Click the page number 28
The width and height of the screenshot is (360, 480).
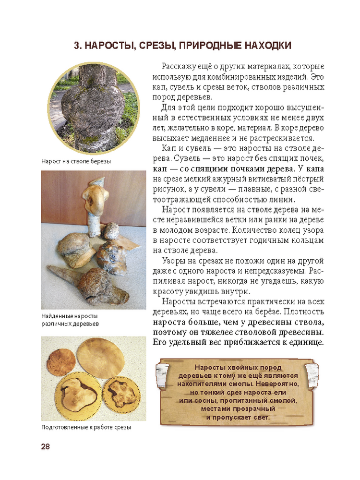tap(46, 446)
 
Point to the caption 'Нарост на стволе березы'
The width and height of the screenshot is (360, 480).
tap(76, 162)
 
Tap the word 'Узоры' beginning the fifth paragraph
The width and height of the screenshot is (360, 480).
tap(174, 260)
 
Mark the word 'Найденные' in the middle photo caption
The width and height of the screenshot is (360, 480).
tap(60, 317)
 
